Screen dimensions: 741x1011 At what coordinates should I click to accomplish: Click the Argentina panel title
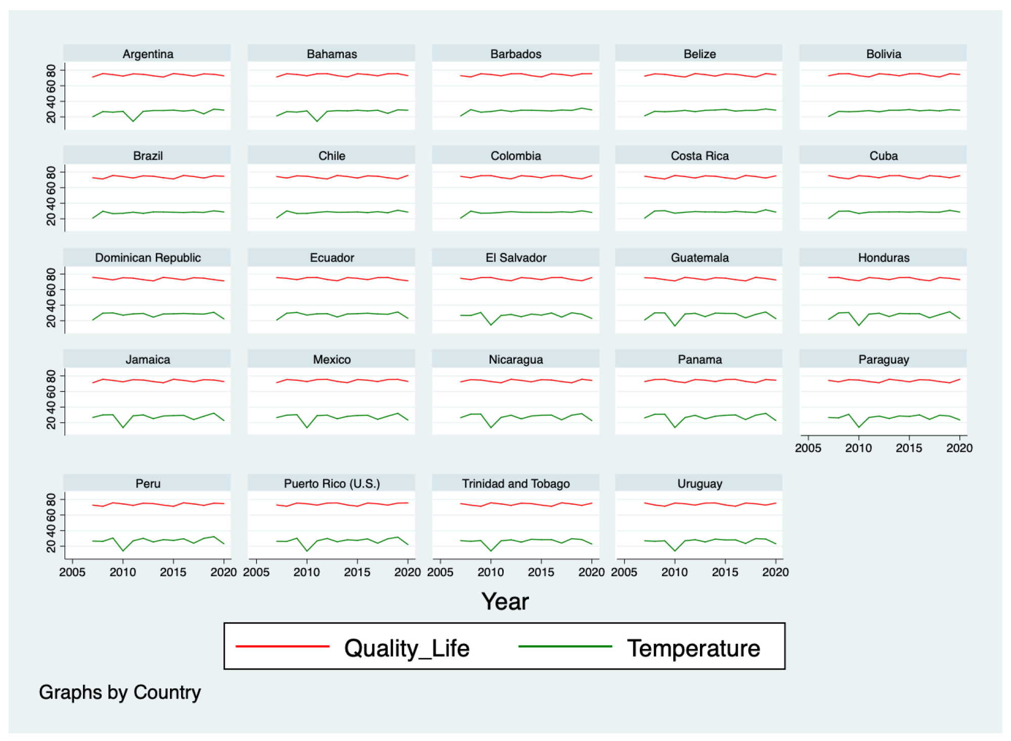[x=148, y=54]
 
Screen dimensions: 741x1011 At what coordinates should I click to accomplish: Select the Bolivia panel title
[x=883, y=54]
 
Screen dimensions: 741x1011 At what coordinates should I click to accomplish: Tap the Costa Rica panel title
[x=699, y=156]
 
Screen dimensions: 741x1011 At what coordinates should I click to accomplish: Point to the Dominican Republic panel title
[x=148, y=258]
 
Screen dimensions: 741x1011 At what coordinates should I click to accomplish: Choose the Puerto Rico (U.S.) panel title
[x=332, y=484]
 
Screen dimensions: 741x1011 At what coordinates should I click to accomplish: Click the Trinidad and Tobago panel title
[x=515, y=484]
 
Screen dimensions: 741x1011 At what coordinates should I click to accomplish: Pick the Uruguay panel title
[x=699, y=484]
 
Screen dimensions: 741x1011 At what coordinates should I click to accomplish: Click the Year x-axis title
[x=505, y=601]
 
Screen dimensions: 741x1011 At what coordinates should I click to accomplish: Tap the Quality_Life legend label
[x=407, y=648]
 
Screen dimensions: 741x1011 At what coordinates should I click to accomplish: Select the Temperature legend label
[x=693, y=648]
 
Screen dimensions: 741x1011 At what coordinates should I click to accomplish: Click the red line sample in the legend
[x=282, y=646]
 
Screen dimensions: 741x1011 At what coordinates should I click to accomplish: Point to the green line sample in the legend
[x=565, y=646]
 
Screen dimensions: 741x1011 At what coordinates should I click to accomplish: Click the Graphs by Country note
[x=120, y=692]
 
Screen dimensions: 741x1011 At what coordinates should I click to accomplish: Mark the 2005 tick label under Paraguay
[x=808, y=448]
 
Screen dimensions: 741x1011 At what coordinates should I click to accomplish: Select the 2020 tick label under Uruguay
[x=775, y=572]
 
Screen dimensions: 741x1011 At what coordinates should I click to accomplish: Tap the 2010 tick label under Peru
[x=122, y=572]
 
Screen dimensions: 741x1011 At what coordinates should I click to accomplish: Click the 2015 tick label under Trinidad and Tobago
[x=541, y=572]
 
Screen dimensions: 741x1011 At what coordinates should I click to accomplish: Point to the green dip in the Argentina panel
[x=133, y=121]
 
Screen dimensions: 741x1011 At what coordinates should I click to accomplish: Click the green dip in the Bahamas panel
[x=317, y=121]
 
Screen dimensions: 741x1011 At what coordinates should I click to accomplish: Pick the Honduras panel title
[x=883, y=258]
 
